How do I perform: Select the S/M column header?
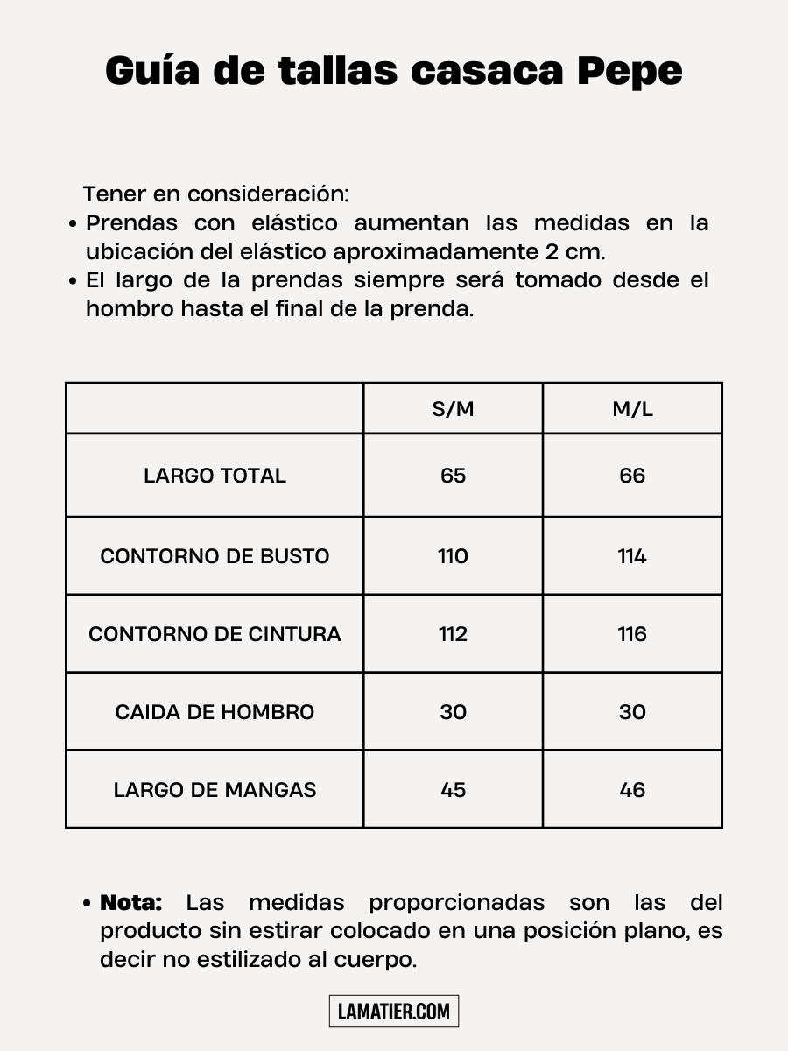coord(453,409)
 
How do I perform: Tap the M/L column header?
coord(632,409)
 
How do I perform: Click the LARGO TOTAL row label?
coord(215,476)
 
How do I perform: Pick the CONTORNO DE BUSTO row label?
coord(215,556)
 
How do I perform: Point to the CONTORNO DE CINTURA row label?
coord(215,634)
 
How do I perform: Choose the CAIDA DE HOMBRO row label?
coord(215,711)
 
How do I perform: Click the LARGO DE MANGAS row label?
coord(215,789)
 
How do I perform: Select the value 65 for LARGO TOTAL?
coord(453,476)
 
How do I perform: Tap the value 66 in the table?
coord(632,476)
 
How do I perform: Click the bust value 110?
coord(453,556)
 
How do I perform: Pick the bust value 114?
coord(632,556)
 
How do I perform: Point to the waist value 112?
coord(453,634)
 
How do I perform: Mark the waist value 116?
coord(632,634)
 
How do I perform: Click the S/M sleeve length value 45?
coord(453,789)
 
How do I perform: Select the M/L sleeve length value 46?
coord(632,789)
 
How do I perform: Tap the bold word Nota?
coord(131,902)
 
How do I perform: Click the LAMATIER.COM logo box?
coord(394,1012)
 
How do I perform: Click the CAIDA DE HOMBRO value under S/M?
coord(453,711)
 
